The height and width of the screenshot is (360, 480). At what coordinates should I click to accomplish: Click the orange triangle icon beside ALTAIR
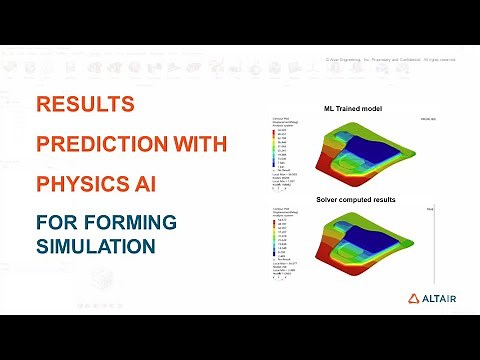click(x=413, y=298)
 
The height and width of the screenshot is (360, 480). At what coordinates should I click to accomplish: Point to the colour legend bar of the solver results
click(x=275, y=246)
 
